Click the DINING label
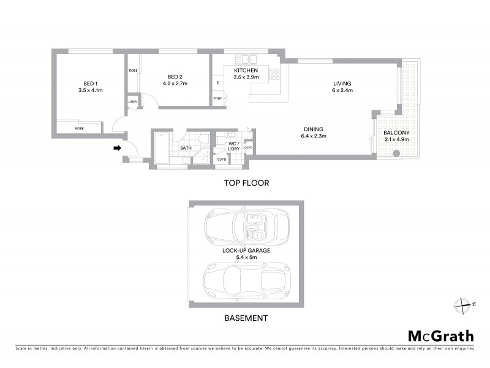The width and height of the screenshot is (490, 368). click(312, 129)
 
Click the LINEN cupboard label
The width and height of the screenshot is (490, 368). click(133, 101)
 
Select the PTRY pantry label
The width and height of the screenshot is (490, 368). click(217, 99)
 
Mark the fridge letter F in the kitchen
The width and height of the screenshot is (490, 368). click(217, 83)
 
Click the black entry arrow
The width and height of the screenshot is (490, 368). click(118, 147)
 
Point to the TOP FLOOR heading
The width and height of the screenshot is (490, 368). click(246, 183)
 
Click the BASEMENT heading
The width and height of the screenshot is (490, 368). click(245, 318)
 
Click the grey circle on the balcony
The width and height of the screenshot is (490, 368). click(396, 153)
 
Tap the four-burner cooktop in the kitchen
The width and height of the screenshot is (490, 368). click(274, 75)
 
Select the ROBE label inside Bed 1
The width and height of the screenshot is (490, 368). click(80, 128)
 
